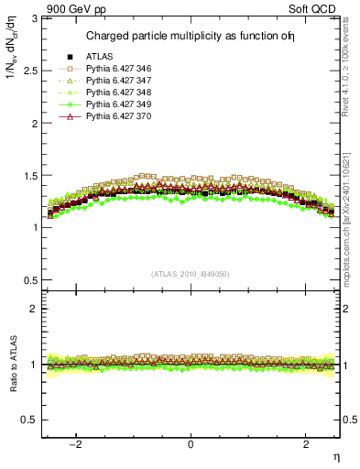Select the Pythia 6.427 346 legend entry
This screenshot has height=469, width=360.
[118, 70]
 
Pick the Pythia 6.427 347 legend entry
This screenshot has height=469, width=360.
[118, 82]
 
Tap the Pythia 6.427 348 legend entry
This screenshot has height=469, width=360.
[118, 93]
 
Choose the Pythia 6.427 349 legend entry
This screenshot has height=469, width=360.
[118, 105]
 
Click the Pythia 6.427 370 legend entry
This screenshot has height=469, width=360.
[118, 117]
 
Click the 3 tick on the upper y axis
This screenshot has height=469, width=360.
[35, 17]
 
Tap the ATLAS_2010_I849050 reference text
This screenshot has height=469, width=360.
[191, 273]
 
